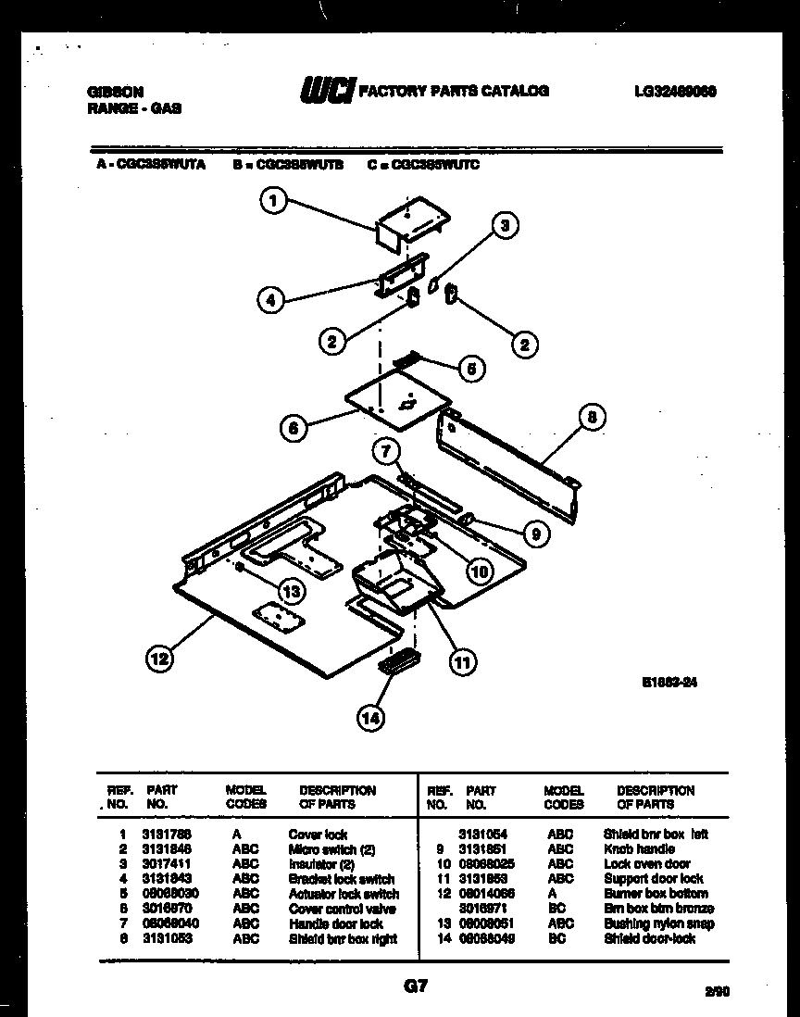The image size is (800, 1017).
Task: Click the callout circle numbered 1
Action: pyautogui.click(x=272, y=201)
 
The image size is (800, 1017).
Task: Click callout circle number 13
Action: pyautogui.click(x=292, y=592)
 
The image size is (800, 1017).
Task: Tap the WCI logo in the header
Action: pyautogui.click(x=325, y=91)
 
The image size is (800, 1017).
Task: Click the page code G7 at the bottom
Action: pyautogui.click(x=414, y=986)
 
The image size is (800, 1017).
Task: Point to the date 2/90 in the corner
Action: pyautogui.click(x=717, y=992)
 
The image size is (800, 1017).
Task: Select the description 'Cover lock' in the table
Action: pyautogui.click(x=318, y=835)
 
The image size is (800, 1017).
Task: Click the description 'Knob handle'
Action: pyautogui.click(x=639, y=849)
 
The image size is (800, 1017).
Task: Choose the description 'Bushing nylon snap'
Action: pyautogui.click(x=658, y=923)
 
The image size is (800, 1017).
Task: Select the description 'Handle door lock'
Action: pyautogui.click(x=335, y=923)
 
